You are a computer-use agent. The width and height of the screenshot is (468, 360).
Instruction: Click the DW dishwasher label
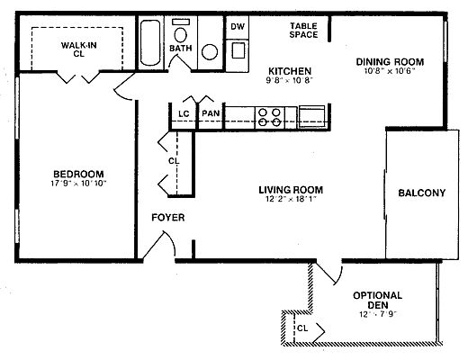tap(238, 26)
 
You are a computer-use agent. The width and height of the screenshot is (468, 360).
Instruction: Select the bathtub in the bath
tap(150, 42)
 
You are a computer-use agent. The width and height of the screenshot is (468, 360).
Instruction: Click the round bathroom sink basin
tap(210, 52)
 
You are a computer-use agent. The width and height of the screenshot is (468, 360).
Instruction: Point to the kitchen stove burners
tap(270, 117)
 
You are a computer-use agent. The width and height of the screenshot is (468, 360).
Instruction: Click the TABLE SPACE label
tap(303, 31)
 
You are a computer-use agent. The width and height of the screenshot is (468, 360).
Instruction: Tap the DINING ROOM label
tap(390, 62)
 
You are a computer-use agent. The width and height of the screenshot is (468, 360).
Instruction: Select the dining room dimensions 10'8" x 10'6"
tap(390, 71)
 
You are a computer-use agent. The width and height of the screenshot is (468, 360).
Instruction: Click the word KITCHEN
tap(290, 71)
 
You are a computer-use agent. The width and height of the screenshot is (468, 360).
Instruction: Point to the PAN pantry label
tap(211, 113)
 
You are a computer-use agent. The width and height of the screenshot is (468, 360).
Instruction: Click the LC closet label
tap(184, 114)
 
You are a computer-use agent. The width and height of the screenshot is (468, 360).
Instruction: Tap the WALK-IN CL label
tap(78, 49)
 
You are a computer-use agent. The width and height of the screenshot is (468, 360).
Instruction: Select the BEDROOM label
tap(78, 174)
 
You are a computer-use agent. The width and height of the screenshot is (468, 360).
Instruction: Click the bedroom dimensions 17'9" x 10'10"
tap(78, 184)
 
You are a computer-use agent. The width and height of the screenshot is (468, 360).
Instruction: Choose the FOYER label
tap(168, 217)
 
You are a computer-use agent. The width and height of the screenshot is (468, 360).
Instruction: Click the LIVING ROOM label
tap(291, 190)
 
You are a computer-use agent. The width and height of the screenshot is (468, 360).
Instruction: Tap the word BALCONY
tap(422, 193)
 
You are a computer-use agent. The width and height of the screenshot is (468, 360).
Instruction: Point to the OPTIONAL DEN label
tap(378, 300)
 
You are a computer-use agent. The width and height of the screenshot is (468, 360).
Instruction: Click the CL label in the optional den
tap(302, 328)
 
